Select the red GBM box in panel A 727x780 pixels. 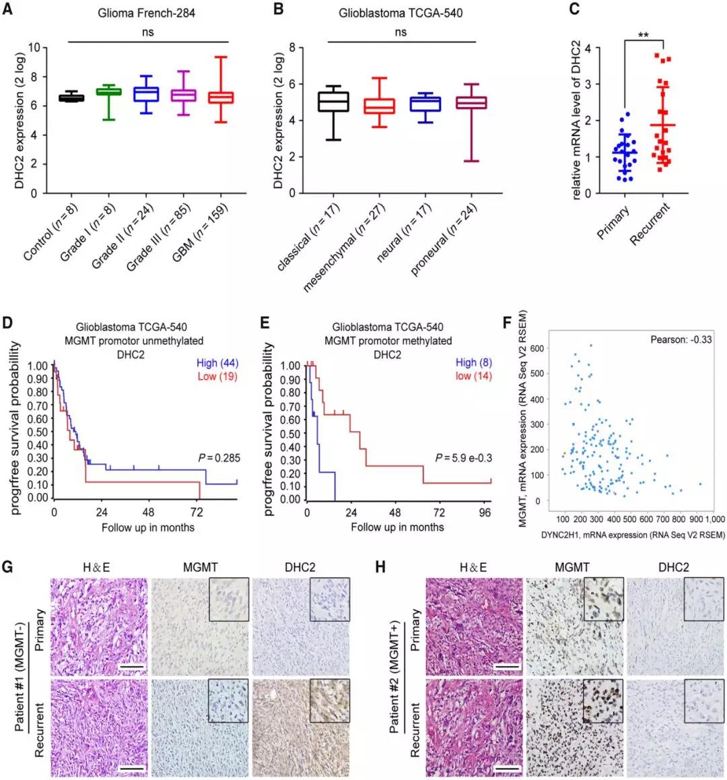(x=221, y=97)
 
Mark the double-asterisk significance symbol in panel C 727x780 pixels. (x=643, y=35)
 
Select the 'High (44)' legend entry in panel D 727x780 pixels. (x=218, y=363)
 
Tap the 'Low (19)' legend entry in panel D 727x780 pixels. (x=217, y=376)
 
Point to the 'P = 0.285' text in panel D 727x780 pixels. (x=218, y=459)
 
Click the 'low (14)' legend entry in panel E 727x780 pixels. (x=473, y=376)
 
